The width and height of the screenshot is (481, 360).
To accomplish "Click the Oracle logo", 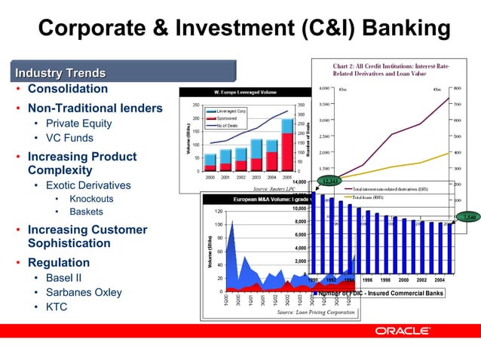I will pos(403,331).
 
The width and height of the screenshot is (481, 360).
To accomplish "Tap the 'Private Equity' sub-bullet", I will pos(78,124).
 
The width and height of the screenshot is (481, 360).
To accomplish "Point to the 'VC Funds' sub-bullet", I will pos(69,139).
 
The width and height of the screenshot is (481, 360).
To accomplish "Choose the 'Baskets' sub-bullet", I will pos(86,212).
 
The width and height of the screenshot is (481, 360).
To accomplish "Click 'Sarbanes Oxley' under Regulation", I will pos(84,292).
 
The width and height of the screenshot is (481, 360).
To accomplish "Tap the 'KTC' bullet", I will pos(57,307).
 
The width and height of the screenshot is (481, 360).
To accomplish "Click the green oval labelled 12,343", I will pos(329,181).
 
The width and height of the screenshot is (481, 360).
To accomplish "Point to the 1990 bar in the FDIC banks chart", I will pos(316,233).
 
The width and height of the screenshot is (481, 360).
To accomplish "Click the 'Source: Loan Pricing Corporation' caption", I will pos(315,312).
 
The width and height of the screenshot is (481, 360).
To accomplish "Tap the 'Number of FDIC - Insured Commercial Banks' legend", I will pos(380,293).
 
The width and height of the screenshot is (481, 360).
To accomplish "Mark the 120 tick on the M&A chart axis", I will pos(216,211).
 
